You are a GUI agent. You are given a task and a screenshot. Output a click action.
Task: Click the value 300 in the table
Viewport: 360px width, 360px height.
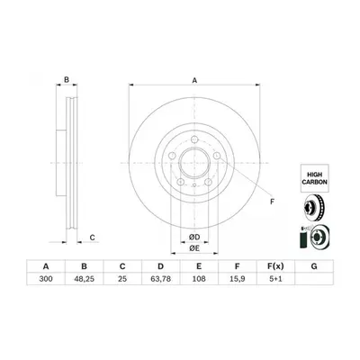coord(46,279)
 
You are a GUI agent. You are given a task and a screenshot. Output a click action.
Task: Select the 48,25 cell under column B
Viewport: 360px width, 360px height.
coord(85,279)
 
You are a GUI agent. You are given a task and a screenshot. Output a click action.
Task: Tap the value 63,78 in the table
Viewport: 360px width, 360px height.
coord(161,279)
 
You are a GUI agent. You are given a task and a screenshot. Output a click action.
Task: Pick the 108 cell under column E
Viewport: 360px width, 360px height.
coord(199,279)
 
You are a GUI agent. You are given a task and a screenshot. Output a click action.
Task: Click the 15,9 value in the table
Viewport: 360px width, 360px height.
coord(238,279)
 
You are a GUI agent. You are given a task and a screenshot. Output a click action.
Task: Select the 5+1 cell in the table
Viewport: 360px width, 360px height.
coord(275,279)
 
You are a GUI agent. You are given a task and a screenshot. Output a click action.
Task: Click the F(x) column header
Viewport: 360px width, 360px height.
coord(275,266)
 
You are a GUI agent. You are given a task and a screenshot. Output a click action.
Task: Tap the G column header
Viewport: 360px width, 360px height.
coord(314,266)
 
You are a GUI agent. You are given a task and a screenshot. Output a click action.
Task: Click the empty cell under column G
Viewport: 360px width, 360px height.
coord(314,279)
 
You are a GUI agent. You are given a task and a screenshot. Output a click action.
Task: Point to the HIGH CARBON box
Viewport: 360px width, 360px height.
coord(315,178)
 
